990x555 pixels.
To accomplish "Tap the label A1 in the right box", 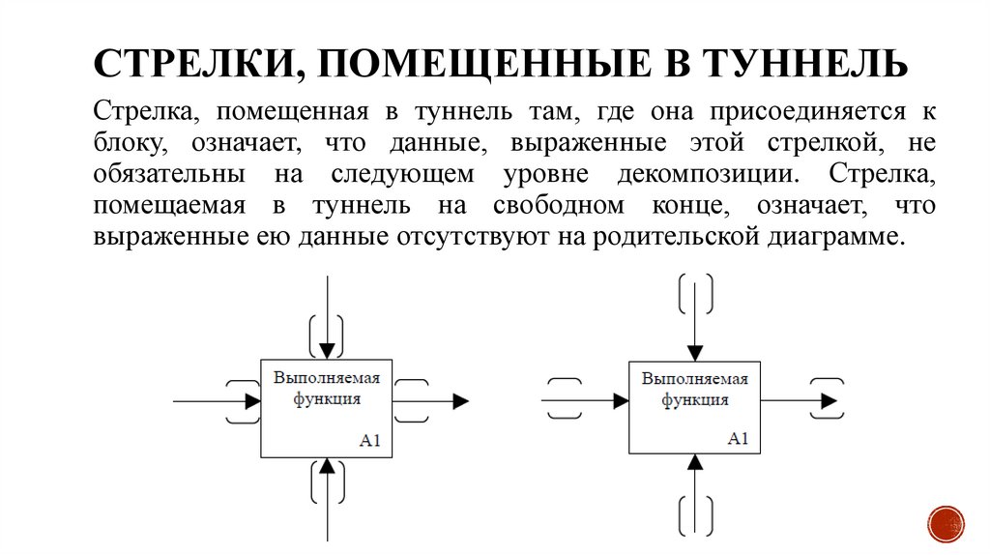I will click(739, 438).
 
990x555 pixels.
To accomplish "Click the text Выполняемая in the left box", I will click(327, 378).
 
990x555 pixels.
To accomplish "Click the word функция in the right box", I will click(694, 399).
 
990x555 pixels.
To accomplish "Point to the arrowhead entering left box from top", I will click(327, 349).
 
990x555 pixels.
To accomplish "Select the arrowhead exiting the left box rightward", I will click(460, 400).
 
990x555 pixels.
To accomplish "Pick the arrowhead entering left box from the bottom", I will click(327, 467).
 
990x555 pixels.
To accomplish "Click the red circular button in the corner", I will click(946, 523).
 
